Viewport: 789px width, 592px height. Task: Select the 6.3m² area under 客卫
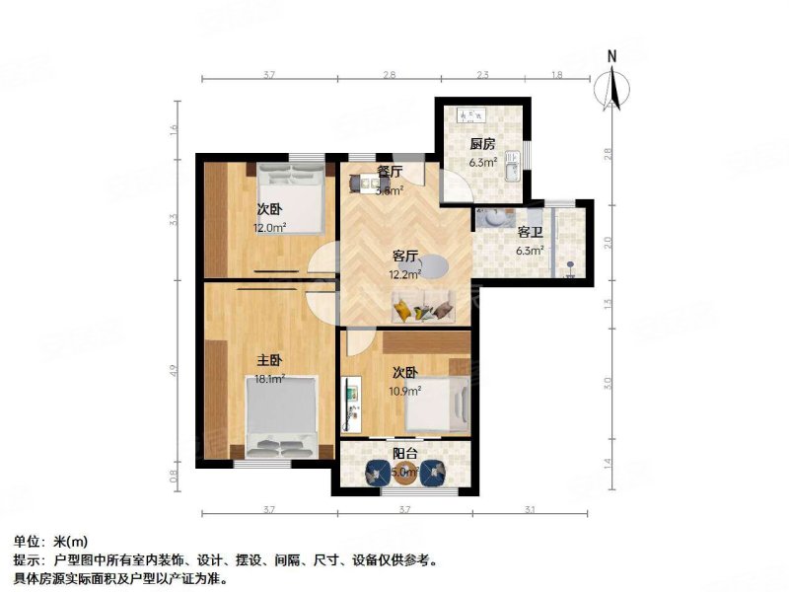tap(531, 250)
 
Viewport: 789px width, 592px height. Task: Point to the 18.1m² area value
tap(270, 378)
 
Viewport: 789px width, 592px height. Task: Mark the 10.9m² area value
tap(406, 390)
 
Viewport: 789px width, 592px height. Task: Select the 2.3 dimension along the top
tap(482, 75)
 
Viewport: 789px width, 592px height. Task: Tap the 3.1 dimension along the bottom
tap(529, 509)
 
